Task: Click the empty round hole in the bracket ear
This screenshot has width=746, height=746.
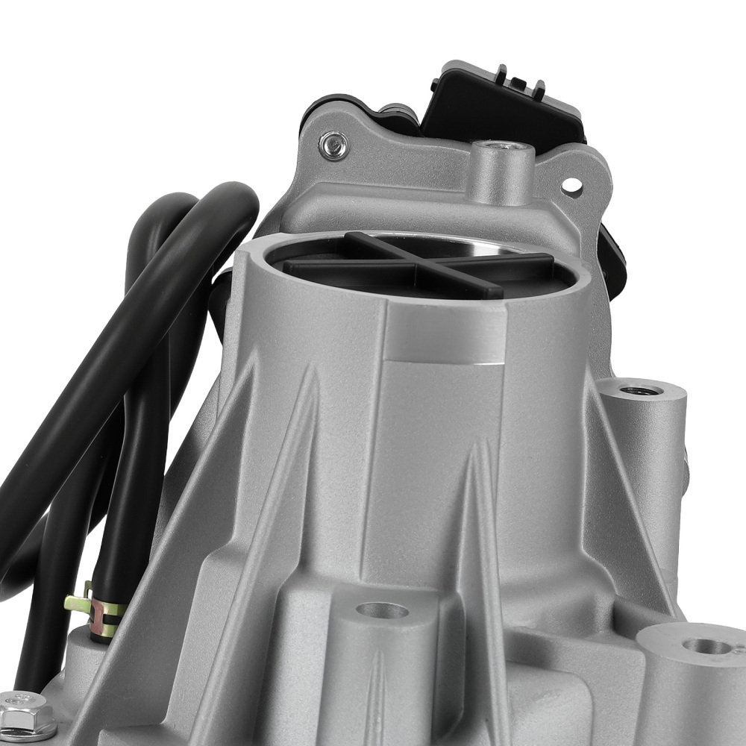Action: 571,184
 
